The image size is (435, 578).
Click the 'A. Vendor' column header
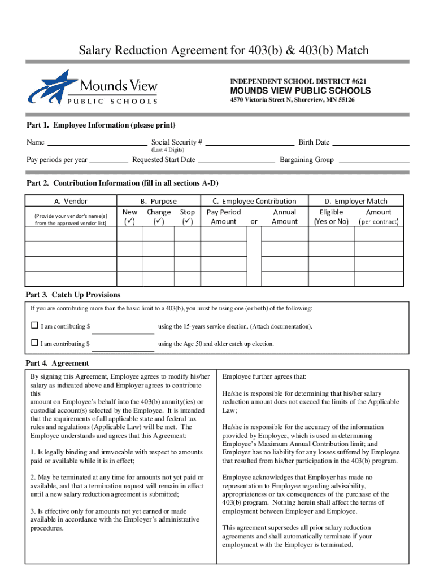(x=71, y=201)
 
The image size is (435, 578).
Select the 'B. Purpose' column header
(x=158, y=201)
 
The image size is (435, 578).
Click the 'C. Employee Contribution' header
(x=254, y=201)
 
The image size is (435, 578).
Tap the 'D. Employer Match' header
(x=355, y=201)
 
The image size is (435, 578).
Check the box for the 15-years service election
(x=34, y=326)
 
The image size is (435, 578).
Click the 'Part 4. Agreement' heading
(x=57, y=363)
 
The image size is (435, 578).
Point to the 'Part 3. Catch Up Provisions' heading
(x=73, y=295)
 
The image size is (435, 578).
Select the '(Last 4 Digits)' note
(x=167, y=151)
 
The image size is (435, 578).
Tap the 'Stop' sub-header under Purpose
(x=187, y=212)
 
